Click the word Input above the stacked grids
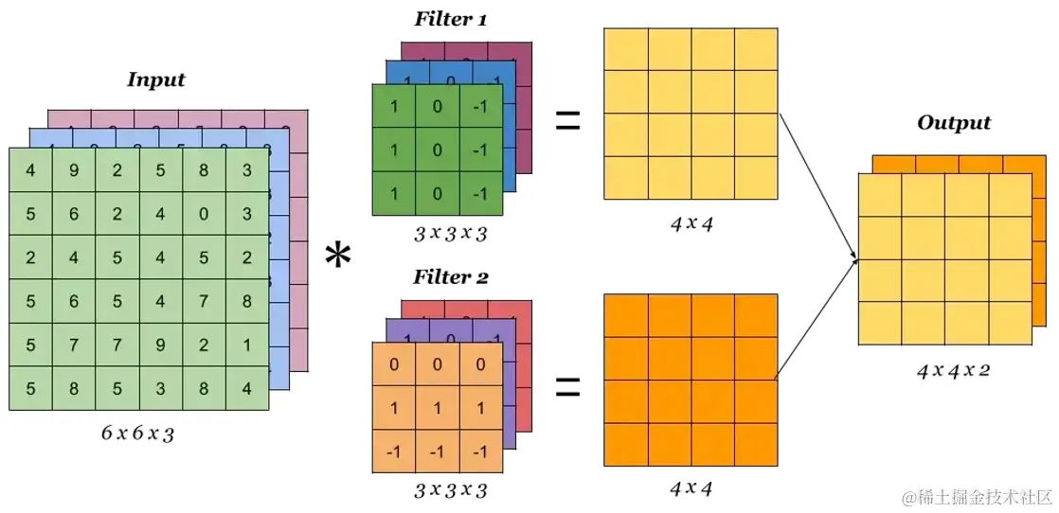(155, 80)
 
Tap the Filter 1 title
(451, 20)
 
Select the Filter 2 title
(451, 277)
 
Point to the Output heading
(953, 123)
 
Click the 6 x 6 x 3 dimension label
(137, 434)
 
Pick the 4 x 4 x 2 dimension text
(953, 370)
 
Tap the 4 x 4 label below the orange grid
(691, 488)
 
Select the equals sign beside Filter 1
(566, 120)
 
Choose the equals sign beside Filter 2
(566, 385)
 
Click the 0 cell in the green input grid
(204, 214)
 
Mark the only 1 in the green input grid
(246, 345)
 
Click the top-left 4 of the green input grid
(31, 171)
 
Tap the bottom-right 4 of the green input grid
(246, 388)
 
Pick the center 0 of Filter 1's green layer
(438, 150)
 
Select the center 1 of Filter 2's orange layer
(438, 408)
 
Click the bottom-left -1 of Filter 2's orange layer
(394, 451)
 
